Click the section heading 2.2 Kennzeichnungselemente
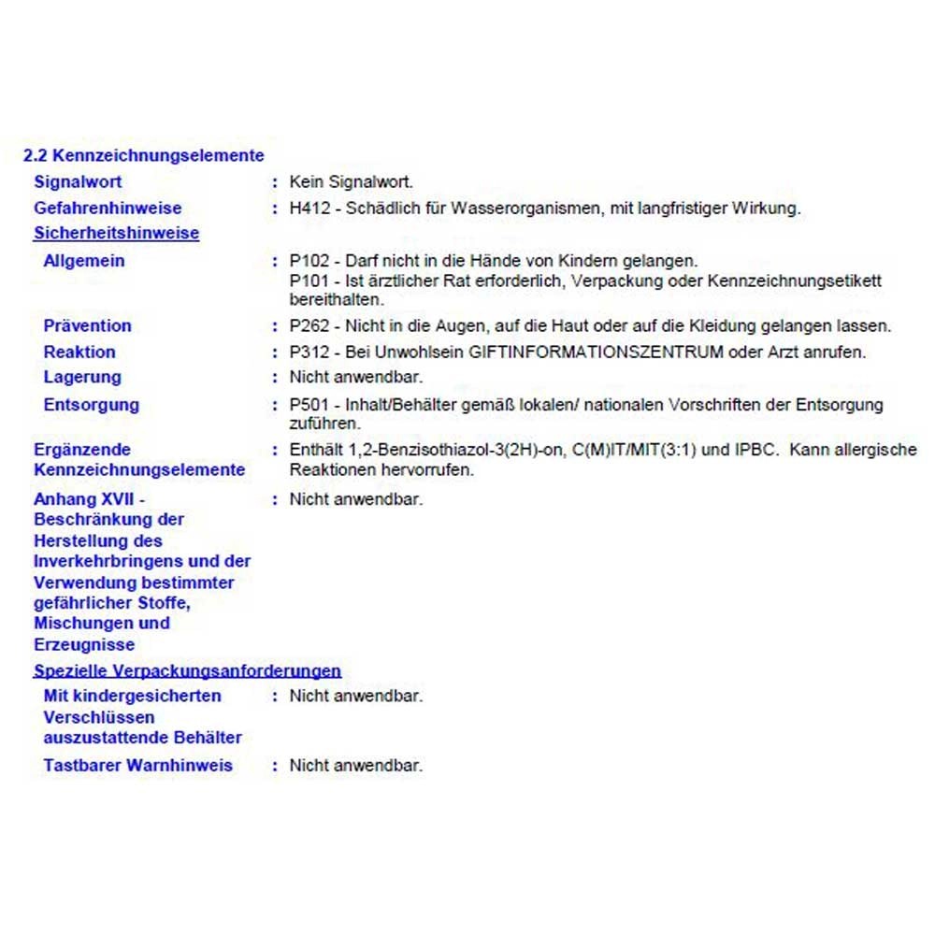(x=143, y=156)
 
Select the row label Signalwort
(x=78, y=181)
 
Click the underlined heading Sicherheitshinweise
(x=116, y=234)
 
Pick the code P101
(x=309, y=280)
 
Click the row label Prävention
(x=87, y=325)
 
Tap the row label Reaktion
(x=79, y=352)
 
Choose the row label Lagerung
(x=82, y=377)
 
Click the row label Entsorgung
(x=91, y=405)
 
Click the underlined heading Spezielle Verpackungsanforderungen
(x=187, y=670)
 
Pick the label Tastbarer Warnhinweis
(x=137, y=765)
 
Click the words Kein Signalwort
(x=351, y=181)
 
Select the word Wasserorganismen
(x=525, y=209)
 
